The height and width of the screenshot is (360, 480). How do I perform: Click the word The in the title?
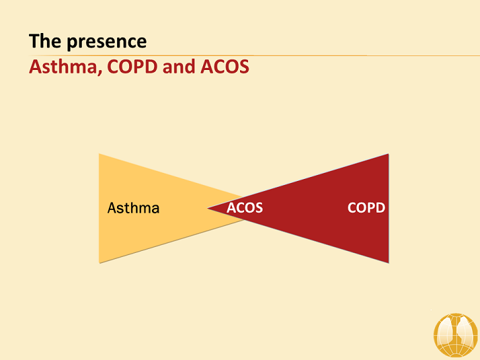click(x=44, y=41)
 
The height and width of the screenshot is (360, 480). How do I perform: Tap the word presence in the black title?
click(x=107, y=42)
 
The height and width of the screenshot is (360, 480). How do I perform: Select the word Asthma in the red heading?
click(x=63, y=67)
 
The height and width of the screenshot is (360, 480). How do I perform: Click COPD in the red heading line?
click(x=132, y=67)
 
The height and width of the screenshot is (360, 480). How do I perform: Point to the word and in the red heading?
click(x=179, y=67)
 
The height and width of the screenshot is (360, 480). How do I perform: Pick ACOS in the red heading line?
click(x=225, y=67)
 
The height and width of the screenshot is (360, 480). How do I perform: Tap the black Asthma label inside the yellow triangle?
click(x=134, y=208)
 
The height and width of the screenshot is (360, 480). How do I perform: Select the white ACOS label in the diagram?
click(x=245, y=208)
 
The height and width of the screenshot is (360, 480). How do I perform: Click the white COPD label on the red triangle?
click(x=366, y=208)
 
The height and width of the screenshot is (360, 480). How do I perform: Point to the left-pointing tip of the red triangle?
click(x=208, y=209)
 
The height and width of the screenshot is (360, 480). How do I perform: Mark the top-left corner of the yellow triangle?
click(x=99, y=154)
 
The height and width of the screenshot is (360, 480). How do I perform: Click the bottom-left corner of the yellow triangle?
click(x=99, y=263)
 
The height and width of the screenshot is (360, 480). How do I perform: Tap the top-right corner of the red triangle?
click(x=389, y=154)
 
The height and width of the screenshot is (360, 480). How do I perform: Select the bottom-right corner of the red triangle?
click(x=389, y=263)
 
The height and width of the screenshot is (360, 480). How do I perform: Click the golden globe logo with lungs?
click(x=456, y=335)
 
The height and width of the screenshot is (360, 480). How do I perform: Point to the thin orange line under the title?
click(x=254, y=55)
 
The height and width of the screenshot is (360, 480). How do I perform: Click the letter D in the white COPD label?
click(x=381, y=208)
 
